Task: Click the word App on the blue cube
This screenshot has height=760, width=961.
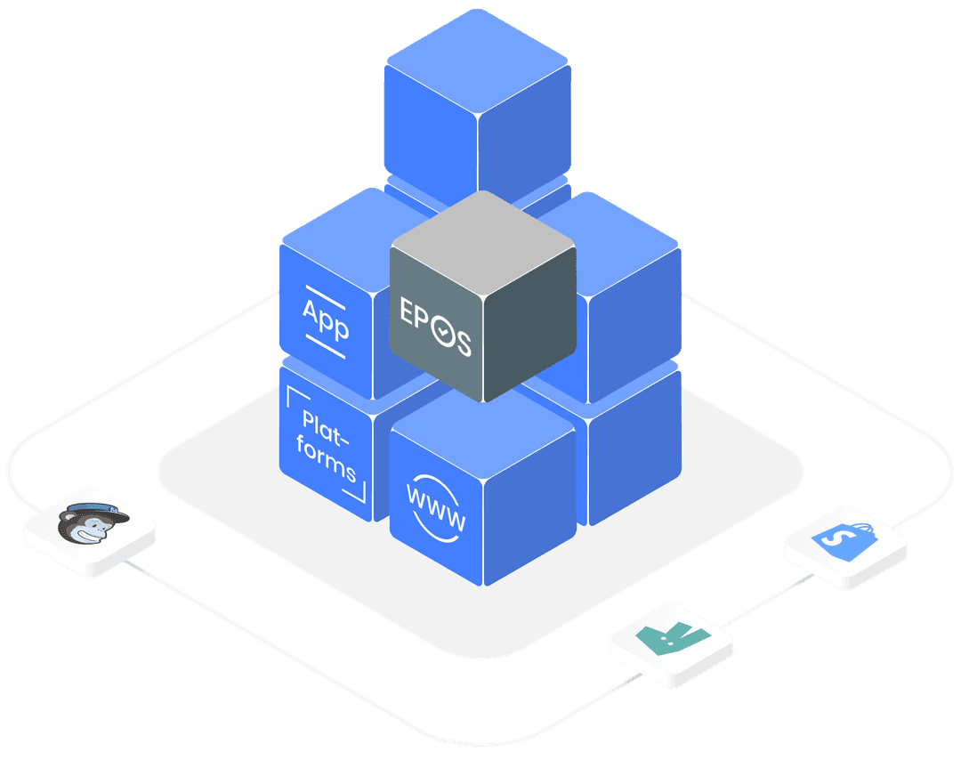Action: pos(326,321)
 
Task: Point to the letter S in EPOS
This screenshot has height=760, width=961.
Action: pos(463,342)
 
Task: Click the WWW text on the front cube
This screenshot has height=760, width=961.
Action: pos(435,508)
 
